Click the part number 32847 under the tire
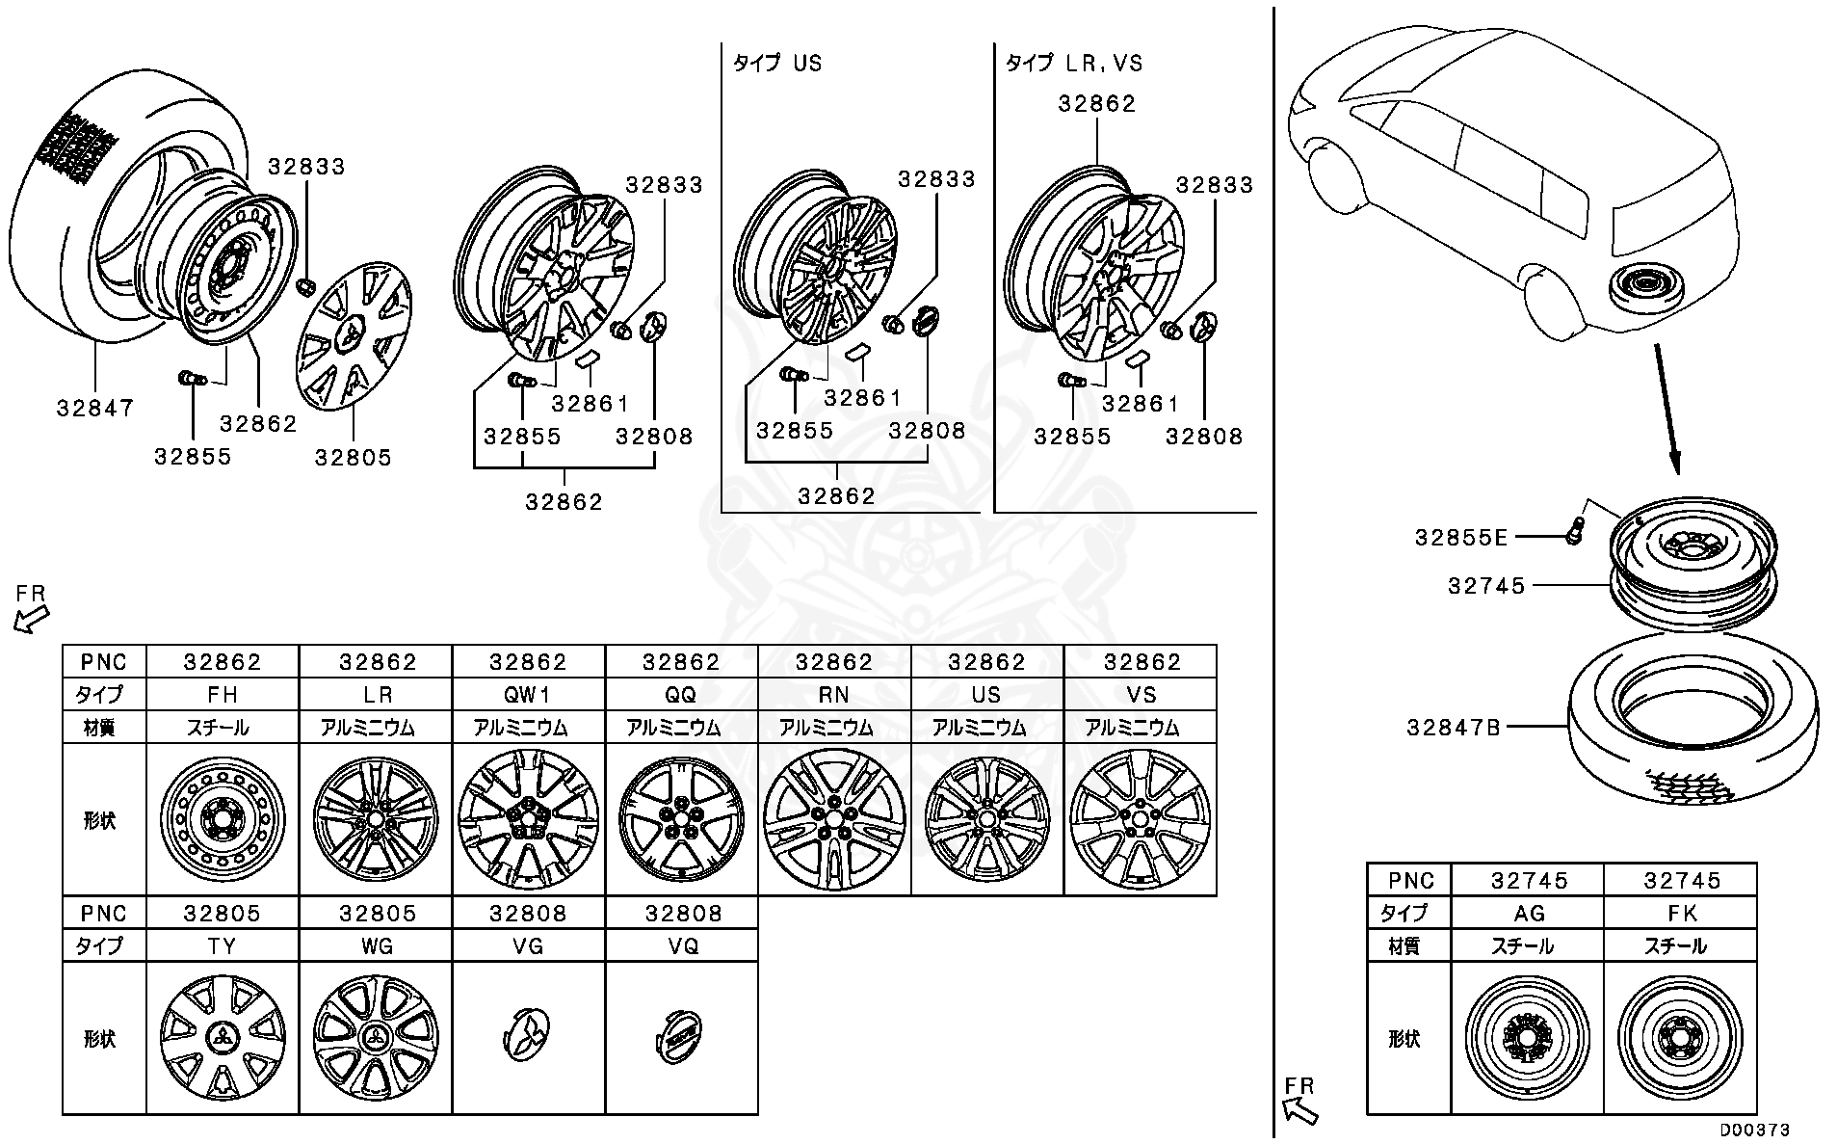pyautogui.click(x=94, y=408)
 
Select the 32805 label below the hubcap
pyautogui.click(x=354, y=458)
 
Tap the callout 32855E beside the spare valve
pyautogui.click(x=1460, y=538)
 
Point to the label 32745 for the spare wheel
pyautogui.click(x=1486, y=586)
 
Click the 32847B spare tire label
pyautogui.click(x=1454, y=728)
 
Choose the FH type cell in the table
pyautogui.click(x=223, y=695)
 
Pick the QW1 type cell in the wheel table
pyautogui.click(x=528, y=695)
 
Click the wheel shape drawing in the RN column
pyautogui.click(x=834, y=819)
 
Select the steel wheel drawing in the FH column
pyautogui.click(x=223, y=819)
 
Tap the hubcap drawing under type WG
pyautogui.click(x=376, y=1037)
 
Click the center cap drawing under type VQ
pyautogui.click(x=682, y=1037)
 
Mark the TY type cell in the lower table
pyautogui.click(x=223, y=945)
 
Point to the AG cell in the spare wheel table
pyautogui.click(x=1528, y=913)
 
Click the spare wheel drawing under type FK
pyautogui.click(x=1680, y=1037)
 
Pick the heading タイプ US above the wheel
pyautogui.click(x=776, y=64)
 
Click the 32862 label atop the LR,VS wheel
pyautogui.click(x=1097, y=104)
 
